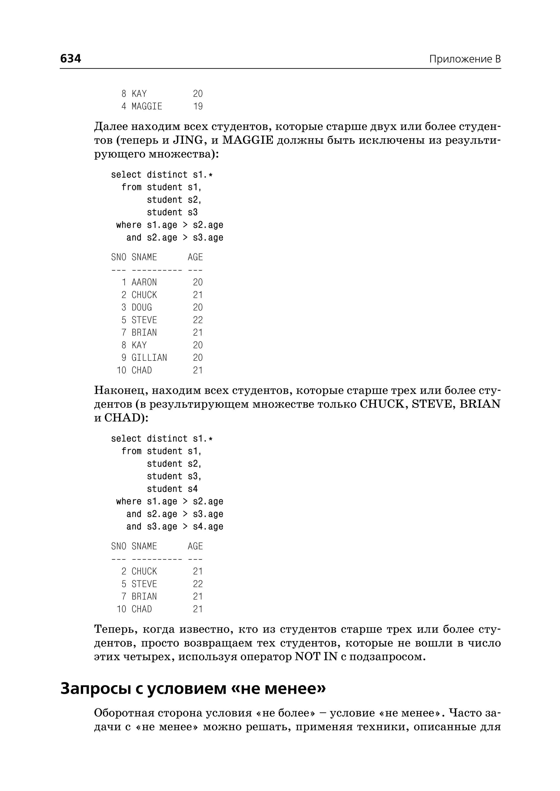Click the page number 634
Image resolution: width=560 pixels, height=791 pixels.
click(71, 59)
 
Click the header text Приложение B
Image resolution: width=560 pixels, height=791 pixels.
click(465, 59)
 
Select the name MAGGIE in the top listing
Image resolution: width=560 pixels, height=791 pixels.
click(147, 106)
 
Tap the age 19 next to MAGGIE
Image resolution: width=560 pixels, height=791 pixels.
click(198, 106)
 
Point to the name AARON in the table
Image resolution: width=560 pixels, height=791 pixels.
click(144, 282)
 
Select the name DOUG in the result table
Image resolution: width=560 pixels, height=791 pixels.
click(142, 307)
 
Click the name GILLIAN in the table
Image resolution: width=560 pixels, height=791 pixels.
click(149, 358)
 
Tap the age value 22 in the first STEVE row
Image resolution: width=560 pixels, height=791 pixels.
click(198, 320)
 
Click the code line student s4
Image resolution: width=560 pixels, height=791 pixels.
click(172, 489)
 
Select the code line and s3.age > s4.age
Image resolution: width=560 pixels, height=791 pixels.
click(175, 527)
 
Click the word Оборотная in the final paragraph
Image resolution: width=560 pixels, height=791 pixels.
click(123, 713)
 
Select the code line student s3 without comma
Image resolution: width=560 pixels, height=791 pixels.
click(172, 213)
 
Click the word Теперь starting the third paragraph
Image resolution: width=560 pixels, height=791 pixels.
click(115, 630)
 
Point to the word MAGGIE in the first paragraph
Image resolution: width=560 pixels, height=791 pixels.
click(247, 141)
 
